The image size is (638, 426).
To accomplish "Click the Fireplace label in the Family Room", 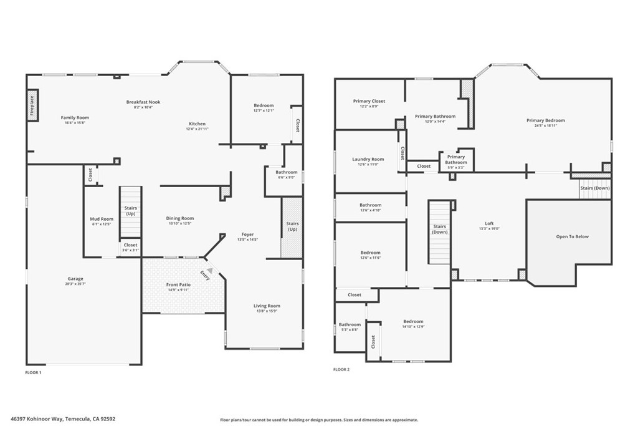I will pyautogui.click(x=32, y=105).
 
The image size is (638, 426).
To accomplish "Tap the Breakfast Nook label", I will pyautogui.click(x=143, y=102).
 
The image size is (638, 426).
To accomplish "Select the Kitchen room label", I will pyautogui.click(x=197, y=123).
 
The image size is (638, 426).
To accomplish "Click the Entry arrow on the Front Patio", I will pyautogui.click(x=210, y=271).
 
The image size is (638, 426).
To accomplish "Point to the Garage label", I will pyautogui.click(x=75, y=279).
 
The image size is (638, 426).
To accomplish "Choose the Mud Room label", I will pyautogui.click(x=102, y=219).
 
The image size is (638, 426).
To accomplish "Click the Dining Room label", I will pyautogui.click(x=180, y=218).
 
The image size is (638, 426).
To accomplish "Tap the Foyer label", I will pyautogui.click(x=247, y=235).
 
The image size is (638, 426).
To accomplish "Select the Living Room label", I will pyautogui.click(x=267, y=306).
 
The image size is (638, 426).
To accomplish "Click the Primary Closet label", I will pyautogui.click(x=369, y=101).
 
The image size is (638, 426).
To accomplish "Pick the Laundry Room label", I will pyautogui.click(x=368, y=159).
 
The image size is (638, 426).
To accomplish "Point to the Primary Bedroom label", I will pyautogui.click(x=545, y=120).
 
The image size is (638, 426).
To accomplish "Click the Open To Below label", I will pyautogui.click(x=572, y=236).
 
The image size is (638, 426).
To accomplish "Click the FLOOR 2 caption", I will pyautogui.click(x=341, y=369).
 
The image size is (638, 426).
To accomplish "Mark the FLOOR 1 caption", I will pyautogui.click(x=33, y=372).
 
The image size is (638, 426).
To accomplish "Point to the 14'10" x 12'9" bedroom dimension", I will pyautogui.click(x=413, y=326).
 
